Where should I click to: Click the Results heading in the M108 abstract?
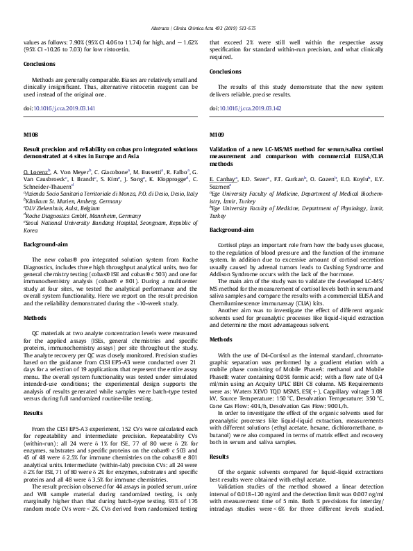[x=33, y=412]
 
